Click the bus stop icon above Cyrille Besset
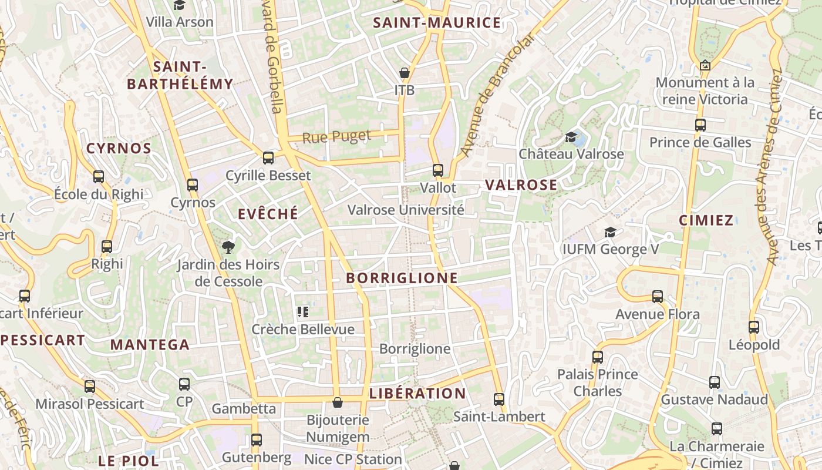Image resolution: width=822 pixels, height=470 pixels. (x=268, y=157)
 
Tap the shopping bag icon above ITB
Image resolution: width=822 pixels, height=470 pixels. (x=404, y=73)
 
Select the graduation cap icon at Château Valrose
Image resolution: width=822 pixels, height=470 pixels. (x=571, y=137)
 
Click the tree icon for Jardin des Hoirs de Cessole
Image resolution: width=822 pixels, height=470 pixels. (x=228, y=247)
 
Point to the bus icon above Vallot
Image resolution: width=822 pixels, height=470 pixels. (x=437, y=170)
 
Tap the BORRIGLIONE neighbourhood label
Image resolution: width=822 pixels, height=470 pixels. (x=402, y=278)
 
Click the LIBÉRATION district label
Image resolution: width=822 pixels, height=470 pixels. (x=417, y=393)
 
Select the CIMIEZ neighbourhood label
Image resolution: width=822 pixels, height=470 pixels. (x=706, y=220)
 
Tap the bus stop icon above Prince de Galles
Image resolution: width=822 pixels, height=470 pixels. (x=700, y=125)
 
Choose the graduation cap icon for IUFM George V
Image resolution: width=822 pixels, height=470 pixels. (x=610, y=232)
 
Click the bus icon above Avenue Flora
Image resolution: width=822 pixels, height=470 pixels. (x=658, y=297)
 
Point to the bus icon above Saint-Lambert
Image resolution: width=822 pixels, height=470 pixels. (x=499, y=399)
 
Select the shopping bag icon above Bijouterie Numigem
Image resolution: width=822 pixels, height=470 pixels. (x=338, y=402)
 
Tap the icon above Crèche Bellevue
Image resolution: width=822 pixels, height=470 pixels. (x=303, y=311)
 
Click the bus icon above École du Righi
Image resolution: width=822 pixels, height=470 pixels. (x=99, y=176)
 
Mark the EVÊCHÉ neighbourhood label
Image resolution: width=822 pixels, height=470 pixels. (x=268, y=214)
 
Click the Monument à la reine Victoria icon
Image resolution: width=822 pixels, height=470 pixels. (x=705, y=65)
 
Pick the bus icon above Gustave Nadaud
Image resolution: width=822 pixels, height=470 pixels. (x=715, y=382)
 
